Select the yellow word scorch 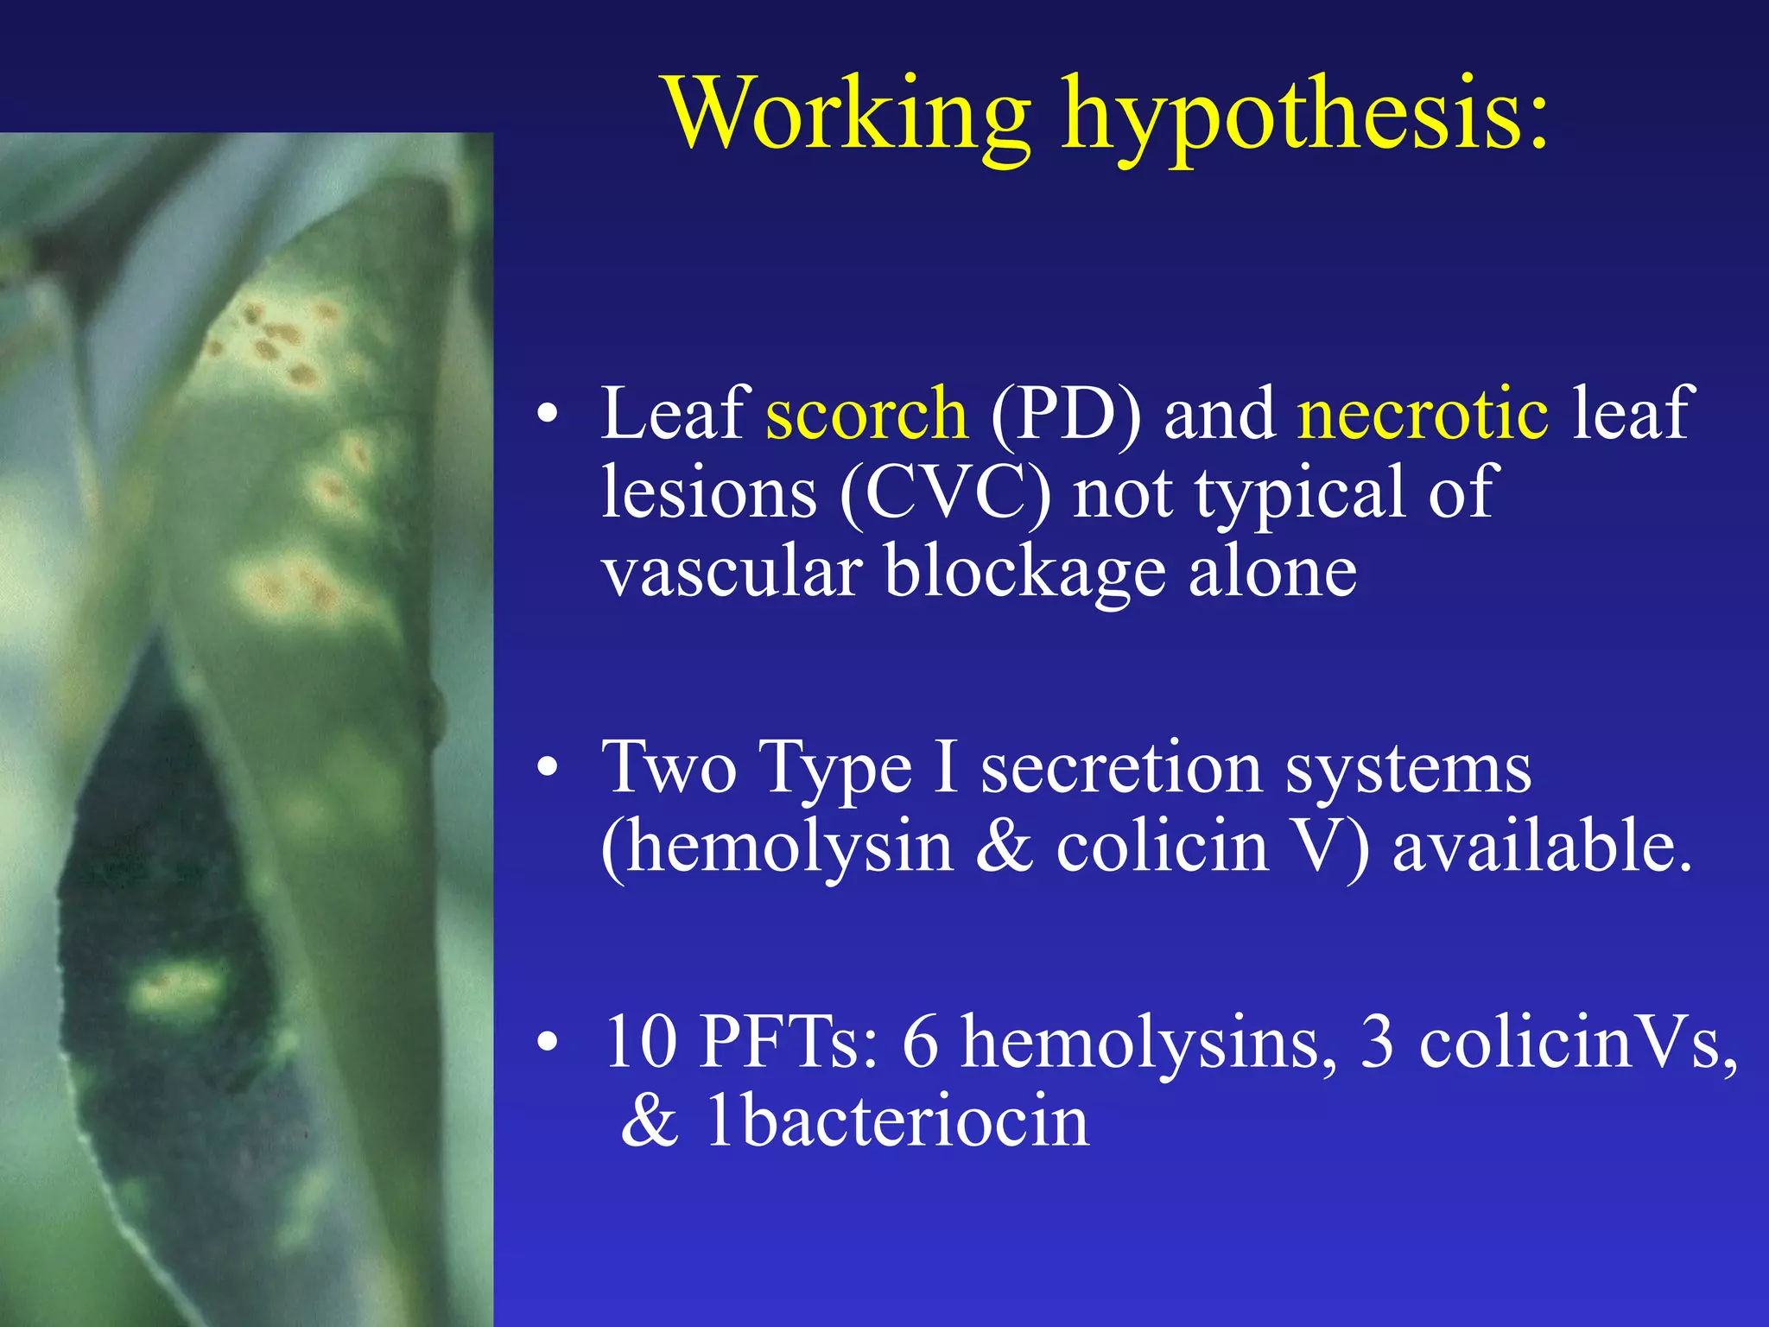tap(866, 413)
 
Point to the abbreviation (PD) tap(1065, 415)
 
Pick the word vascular tap(732, 572)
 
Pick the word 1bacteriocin tap(897, 1121)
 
